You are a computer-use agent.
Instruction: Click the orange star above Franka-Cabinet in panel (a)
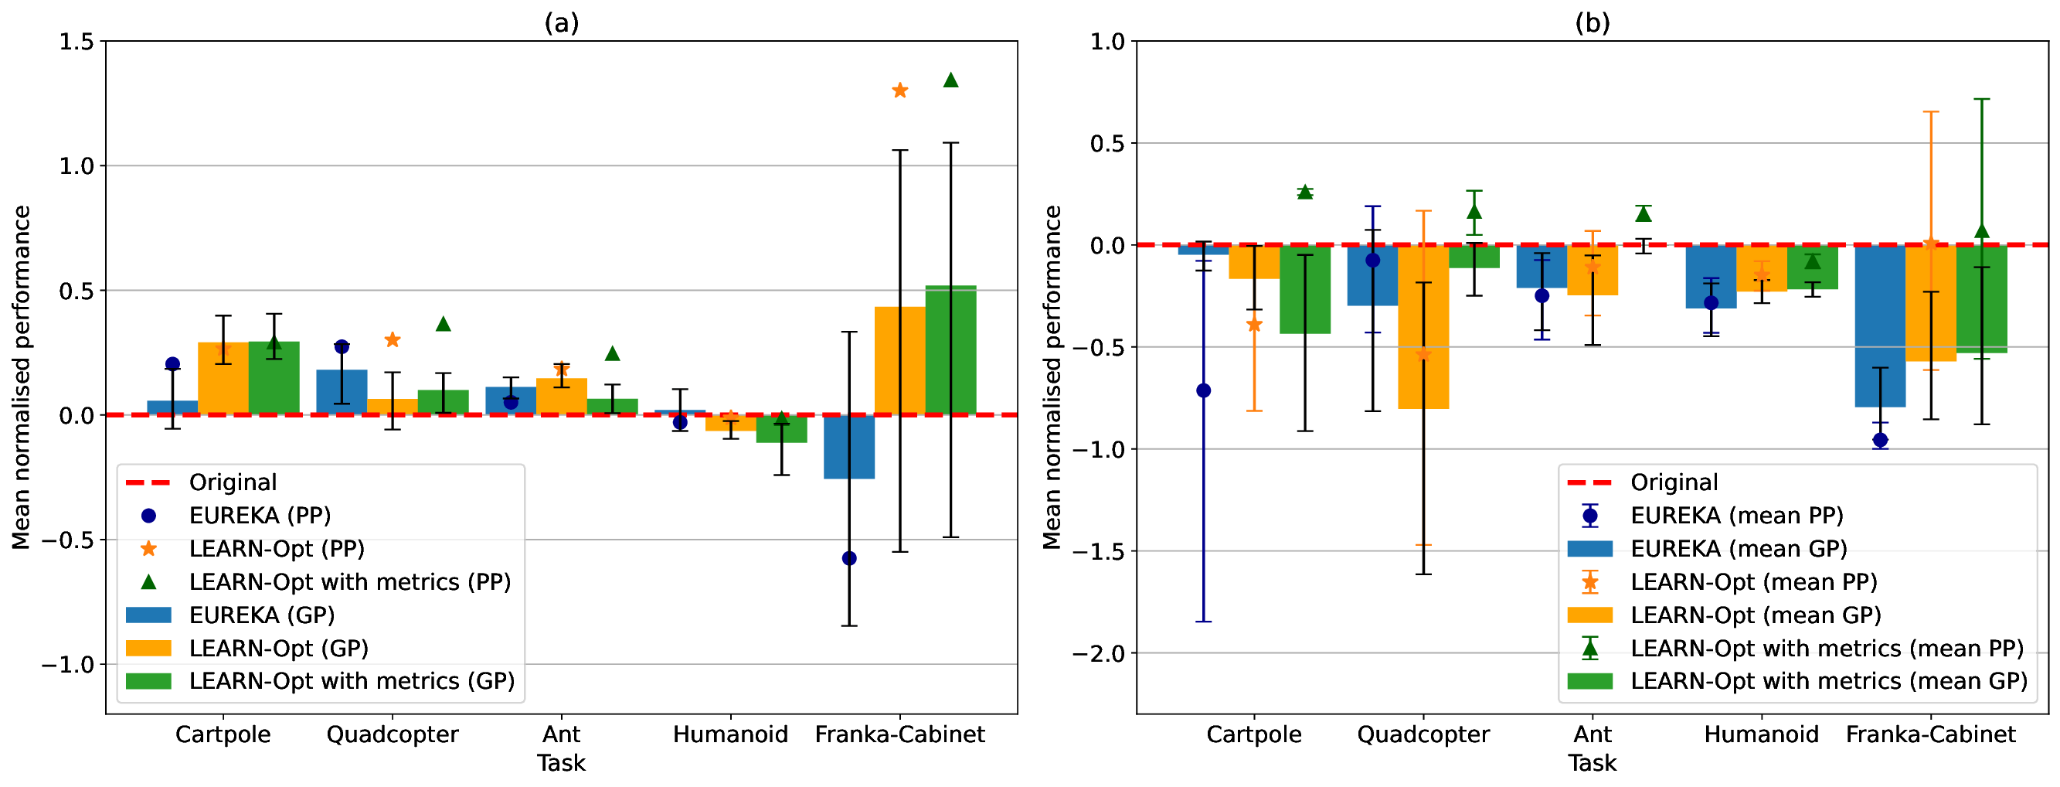click(x=899, y=90)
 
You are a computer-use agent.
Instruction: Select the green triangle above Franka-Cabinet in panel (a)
click(x=951, y=80)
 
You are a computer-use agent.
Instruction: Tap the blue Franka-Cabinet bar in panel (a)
click(x=849, y=447)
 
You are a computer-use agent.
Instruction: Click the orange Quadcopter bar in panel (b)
click(x=1423, y=327)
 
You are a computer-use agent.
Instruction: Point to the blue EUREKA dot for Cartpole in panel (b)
click(x=1204, y=390)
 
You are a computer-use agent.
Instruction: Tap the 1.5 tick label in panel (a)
click(x=76, y=42)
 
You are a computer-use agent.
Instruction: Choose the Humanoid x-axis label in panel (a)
click(x=730, y=734)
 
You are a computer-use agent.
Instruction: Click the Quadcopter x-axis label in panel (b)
click(x=1423, y=734)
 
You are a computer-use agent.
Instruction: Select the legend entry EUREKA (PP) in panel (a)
click(x=260, y=515)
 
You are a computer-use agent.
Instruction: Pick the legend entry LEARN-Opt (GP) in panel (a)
click(x=278, y=648)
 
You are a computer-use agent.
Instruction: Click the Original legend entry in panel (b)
click(x=1674, y=482)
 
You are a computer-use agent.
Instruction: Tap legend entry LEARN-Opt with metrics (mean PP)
click(x=1827, y=648)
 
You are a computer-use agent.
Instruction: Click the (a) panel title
click(x=562, y=23)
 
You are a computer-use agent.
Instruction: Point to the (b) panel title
click(x=1593, y=23)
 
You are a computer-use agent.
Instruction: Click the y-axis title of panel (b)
click(x=1052, y=376)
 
